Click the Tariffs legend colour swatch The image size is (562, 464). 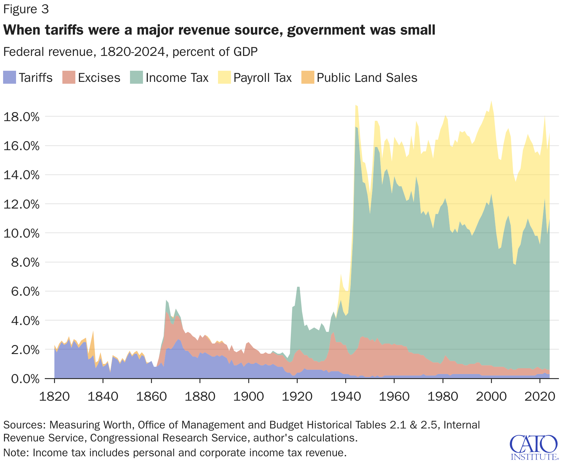pyautogui.click(x=9, y=78)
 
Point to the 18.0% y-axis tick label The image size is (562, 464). pyautogui.click(x=21, y=117)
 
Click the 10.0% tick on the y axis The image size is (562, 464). pyautogui.click(x=21, y=233)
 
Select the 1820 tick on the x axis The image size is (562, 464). pyautogui.click(x=54, y=396)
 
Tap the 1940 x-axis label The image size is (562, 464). pyautogui.click(x=346, y=396)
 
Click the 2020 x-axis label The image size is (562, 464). pyautogui.click(x=540, y=396)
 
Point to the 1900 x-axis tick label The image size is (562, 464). pyautogui.click(x=249, y=396)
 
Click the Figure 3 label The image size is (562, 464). pyautogui.click(x=26, y=9)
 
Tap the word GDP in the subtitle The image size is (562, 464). pyautogui.click(x=245, y=52)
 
